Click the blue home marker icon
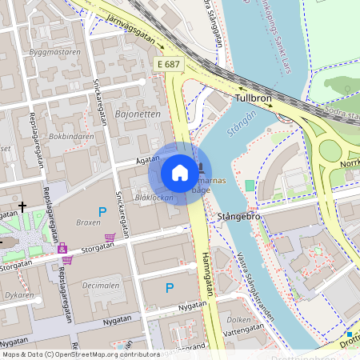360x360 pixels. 180,173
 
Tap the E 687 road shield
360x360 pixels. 167,62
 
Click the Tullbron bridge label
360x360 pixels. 254,99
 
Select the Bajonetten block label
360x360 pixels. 138,114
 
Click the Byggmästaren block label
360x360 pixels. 54,52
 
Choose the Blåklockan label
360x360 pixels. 154,197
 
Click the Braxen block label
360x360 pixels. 88,222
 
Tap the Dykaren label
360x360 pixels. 18,295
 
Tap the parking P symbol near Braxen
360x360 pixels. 102,211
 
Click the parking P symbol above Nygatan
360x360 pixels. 169,287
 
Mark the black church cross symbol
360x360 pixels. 22,207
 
